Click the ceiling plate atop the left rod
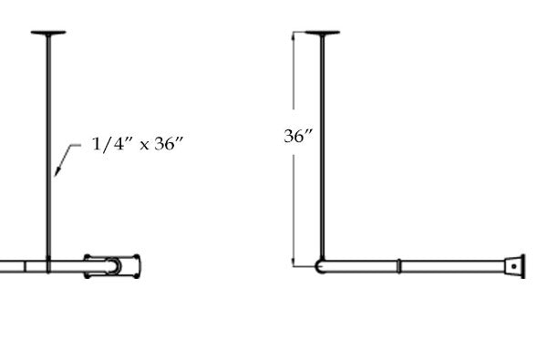(49, 34)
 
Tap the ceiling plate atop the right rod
(323, 34)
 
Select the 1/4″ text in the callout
(110, 144)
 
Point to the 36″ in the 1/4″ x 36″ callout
(171, 144)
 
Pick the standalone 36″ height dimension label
(299, 136)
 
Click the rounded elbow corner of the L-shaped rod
(320, 266)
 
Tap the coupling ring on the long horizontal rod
(399, 266)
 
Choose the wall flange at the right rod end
(517, 266)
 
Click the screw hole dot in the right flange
(517, 267)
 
